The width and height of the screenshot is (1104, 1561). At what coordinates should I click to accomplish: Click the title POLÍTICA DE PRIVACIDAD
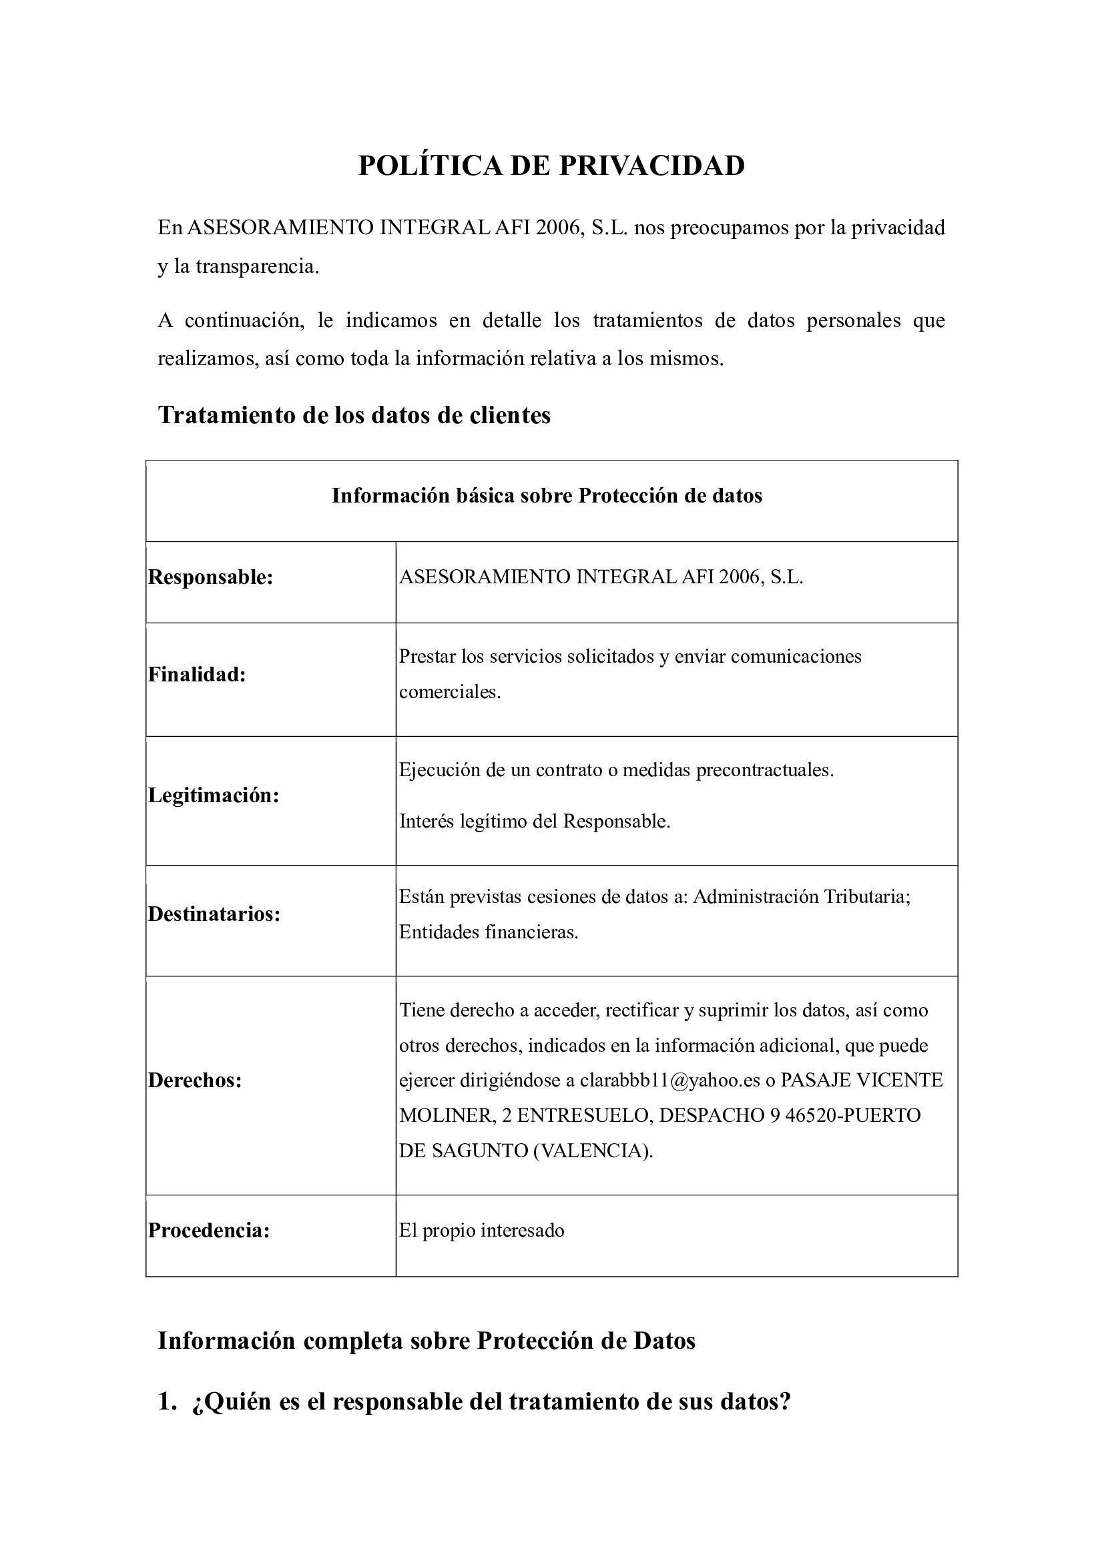[551, 166]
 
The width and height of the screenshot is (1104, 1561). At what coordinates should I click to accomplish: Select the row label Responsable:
[211, 577]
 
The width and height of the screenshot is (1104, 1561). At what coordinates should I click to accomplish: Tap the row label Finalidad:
[197, 675]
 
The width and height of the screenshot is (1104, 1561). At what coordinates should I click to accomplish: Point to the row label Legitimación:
[214, 795]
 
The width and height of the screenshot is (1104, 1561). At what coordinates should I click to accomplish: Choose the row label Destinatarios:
[214, 914]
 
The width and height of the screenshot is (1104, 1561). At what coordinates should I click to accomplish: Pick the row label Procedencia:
[210, 1230]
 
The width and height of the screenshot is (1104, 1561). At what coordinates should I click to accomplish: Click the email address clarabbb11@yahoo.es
[669, 1080]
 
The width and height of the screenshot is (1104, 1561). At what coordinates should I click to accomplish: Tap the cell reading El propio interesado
[481, 1230]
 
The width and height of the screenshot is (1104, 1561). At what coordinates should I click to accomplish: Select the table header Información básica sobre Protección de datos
[547, 496]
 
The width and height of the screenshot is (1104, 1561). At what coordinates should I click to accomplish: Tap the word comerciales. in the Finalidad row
[449, 692]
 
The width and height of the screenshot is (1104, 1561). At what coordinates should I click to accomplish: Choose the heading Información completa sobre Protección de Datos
[427, 1340]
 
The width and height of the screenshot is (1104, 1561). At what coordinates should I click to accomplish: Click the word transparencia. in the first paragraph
[258, 266]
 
